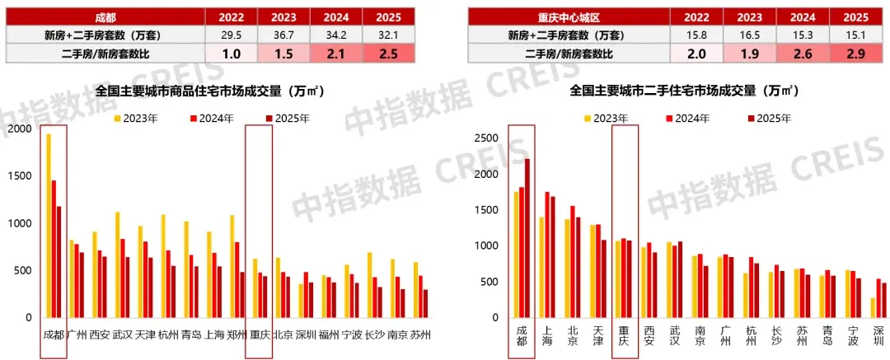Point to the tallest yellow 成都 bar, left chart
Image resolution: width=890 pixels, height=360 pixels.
coord(49,226)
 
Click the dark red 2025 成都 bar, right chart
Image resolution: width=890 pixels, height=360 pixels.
coord(527,240)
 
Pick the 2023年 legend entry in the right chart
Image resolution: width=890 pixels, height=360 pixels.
coord(610,119)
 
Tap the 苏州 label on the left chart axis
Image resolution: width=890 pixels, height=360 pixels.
coord(420,335)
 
